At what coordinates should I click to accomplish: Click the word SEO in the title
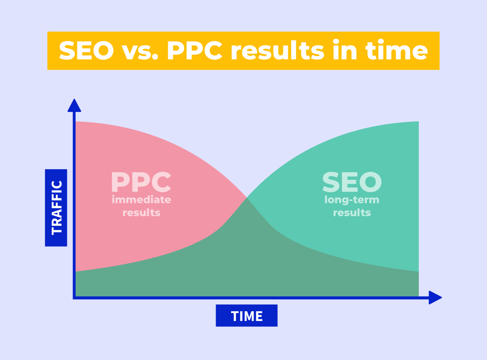86,50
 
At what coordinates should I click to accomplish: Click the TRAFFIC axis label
56,207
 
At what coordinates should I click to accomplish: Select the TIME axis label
247,316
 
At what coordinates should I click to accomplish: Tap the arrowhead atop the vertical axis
74,105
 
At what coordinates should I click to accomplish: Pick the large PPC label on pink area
141,182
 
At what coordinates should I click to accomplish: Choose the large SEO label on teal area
352,182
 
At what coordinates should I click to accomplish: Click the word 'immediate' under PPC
141,200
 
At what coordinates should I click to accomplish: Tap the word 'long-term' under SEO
352,200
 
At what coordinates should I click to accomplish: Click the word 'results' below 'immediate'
141,213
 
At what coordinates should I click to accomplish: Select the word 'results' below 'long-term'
352,213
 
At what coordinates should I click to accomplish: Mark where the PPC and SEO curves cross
247,197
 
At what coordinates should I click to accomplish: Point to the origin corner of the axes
74,297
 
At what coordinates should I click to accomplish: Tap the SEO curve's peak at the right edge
417,122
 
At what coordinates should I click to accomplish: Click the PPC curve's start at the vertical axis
76,122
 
